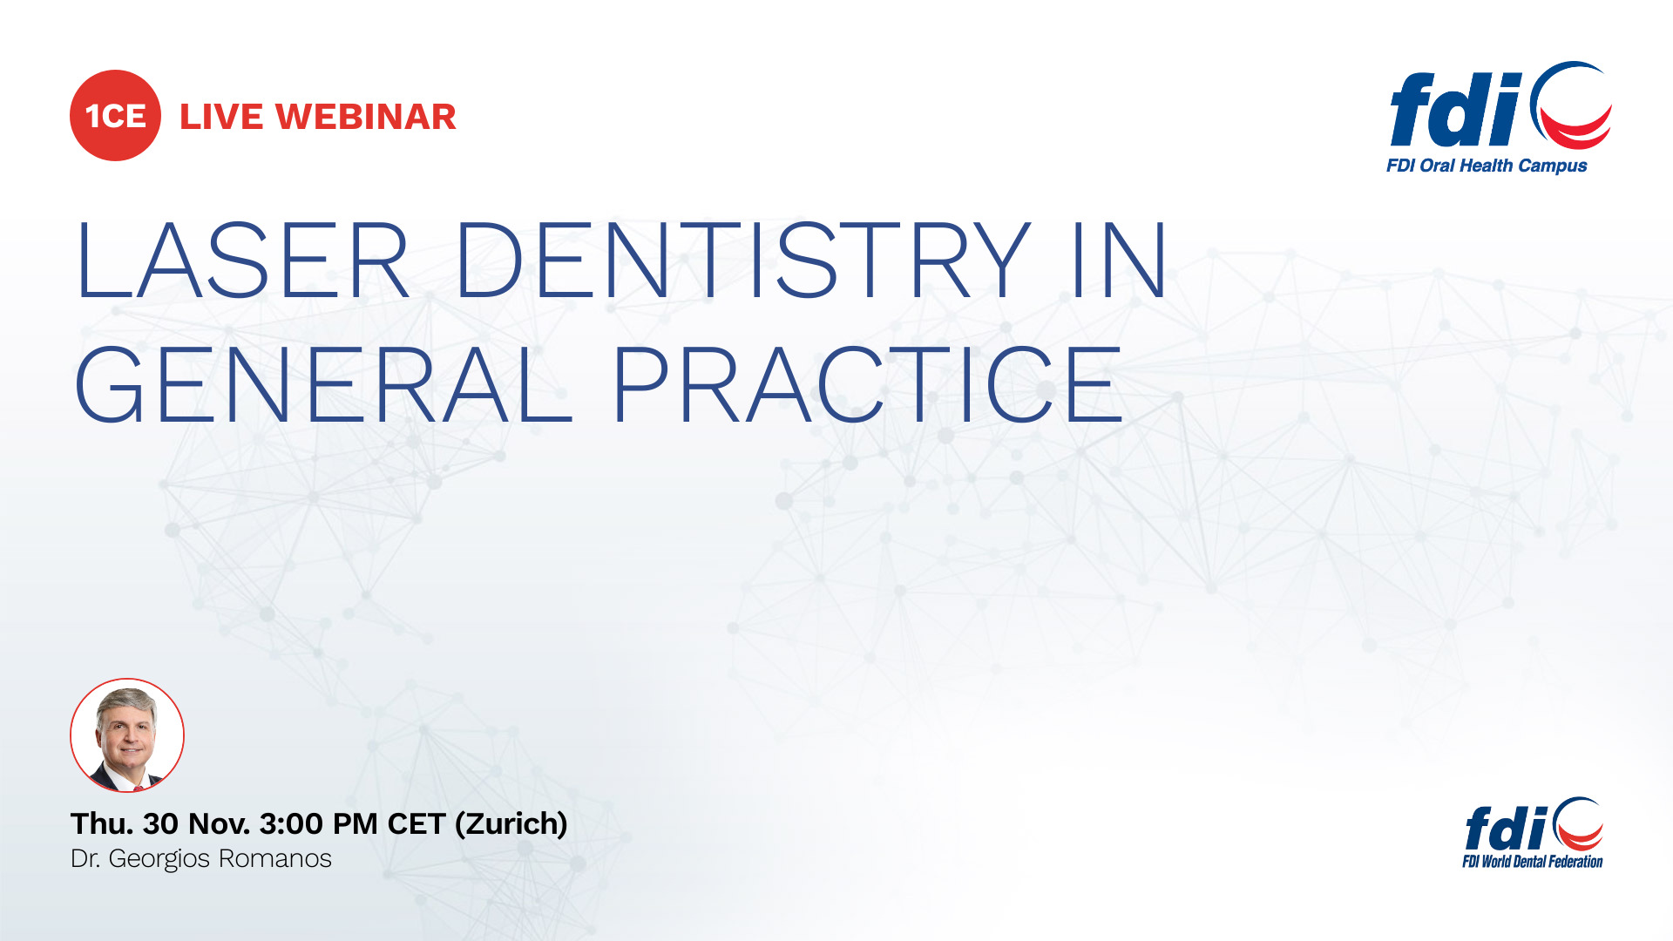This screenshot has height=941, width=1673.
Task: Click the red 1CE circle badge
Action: pyautogui.click(x=115, y=116)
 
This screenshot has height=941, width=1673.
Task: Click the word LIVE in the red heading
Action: pyautogui.click(x=221, y=117)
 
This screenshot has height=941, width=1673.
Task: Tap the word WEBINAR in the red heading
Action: pyautogui.click(x=366, y=117)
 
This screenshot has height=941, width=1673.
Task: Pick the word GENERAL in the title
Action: pyautogui.click(x=322, y=384)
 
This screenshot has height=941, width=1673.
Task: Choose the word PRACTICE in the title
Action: pyautogui.click(x=867, y=384)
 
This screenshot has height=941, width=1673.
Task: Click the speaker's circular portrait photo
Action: pyautogui.click(x=127, y=735)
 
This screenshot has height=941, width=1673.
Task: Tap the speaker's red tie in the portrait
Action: pyautogui.click(x=138, y=787)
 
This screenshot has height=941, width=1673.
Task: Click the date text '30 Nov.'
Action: pyautogui.click(x=197, y=823)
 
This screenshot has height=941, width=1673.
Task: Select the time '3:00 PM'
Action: pyautogui.click(x=318, y=823)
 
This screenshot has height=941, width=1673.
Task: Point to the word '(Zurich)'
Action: pyautogui.click(x=511, y=823)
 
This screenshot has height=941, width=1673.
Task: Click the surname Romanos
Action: pyautogui.click(x=274, y=859)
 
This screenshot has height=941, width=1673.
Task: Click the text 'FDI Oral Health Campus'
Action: pyautogui.click(x=1487, y=166)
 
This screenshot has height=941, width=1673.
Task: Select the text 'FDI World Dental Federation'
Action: pyautogui.click(x=1533, y=862)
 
